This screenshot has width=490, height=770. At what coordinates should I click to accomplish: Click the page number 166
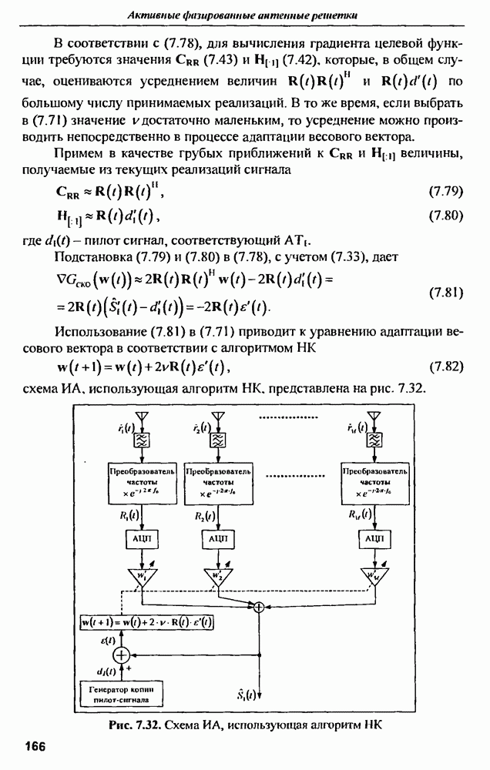coord(36,746)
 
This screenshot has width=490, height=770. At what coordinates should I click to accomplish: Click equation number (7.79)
coord(443,189)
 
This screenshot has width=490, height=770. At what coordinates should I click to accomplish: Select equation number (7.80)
coord(443,215)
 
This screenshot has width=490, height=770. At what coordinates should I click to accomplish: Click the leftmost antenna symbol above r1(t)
coord(143,419)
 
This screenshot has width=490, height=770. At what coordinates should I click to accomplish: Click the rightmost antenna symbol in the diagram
coord(374,419)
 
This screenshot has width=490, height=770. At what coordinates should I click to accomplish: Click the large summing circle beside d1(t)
coord(121,655)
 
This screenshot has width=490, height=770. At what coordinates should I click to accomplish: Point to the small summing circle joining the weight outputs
coord(259,608)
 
